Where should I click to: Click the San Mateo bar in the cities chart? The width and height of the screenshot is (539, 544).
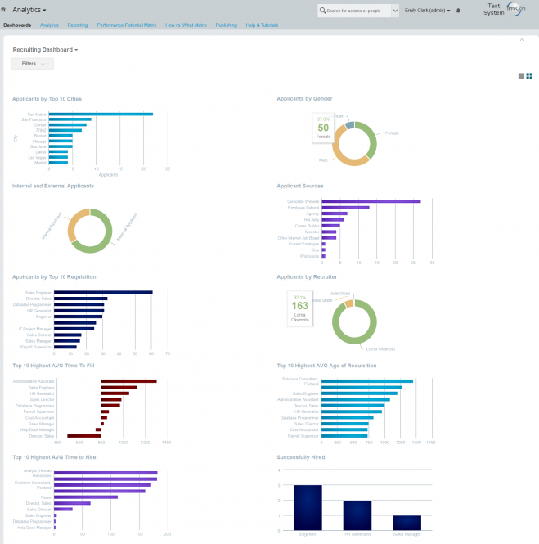[101, 114]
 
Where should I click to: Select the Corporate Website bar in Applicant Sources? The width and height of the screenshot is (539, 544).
[372, 200]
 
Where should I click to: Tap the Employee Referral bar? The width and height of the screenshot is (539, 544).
[347, 207]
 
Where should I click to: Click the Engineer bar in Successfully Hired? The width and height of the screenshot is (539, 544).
[308, 506]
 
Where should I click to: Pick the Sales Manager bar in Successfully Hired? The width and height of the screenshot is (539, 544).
[406, 522]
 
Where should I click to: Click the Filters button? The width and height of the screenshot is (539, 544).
[32, 63]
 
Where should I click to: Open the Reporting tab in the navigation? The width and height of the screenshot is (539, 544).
[78, 25]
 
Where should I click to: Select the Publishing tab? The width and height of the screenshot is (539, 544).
[227, 25]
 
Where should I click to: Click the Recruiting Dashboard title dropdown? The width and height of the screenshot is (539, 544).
[46, 49]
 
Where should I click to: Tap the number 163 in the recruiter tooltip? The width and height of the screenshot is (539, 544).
[299, 306]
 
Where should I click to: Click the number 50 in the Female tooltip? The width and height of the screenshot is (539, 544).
[323, 128]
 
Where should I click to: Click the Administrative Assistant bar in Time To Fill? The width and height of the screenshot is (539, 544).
[128, 380]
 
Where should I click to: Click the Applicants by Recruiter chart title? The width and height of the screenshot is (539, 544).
[307, 276]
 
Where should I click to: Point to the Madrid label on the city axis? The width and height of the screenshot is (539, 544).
[41, 163]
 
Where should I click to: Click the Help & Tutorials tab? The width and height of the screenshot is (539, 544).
[263, 25]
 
